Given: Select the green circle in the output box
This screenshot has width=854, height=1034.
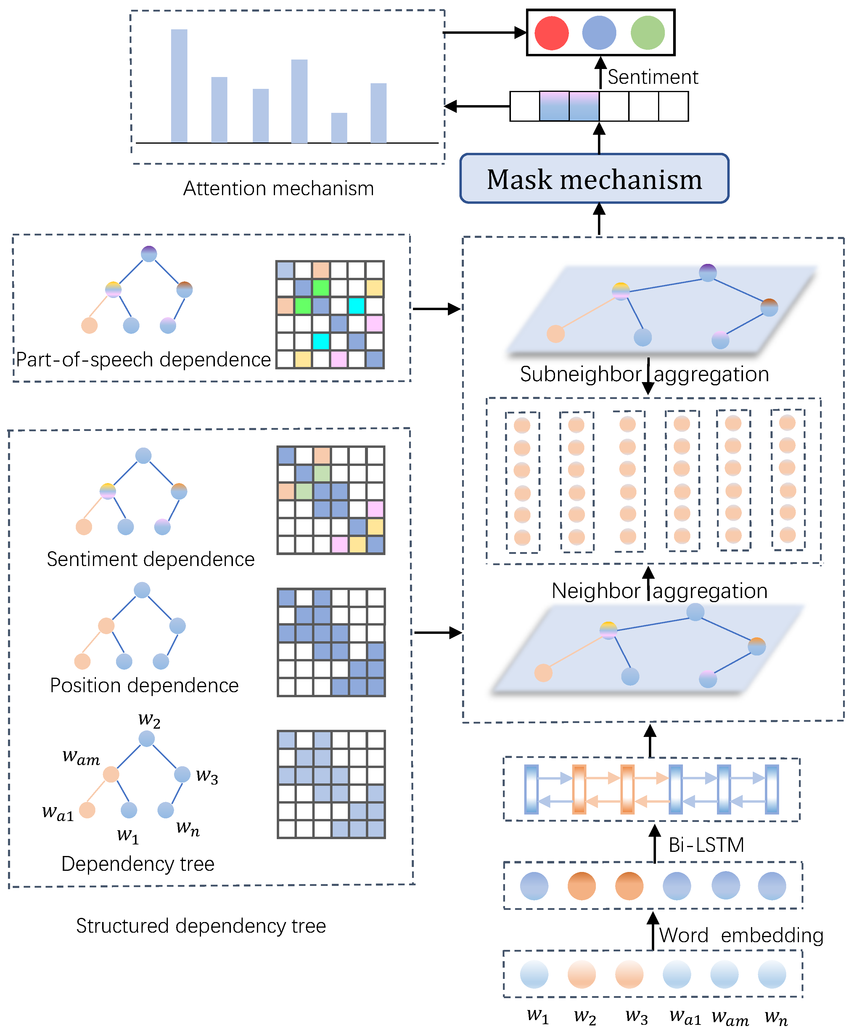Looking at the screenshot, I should click(647, 33).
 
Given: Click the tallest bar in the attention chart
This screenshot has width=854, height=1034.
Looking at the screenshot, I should click(179, 86).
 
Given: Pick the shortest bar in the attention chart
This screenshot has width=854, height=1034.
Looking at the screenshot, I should click(339, 128).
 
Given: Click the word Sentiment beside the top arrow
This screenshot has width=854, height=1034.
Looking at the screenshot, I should click(652, 77).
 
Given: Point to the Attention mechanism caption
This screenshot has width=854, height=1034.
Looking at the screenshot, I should click(279, 188).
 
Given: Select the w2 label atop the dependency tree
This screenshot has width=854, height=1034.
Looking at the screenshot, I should click(149, 720).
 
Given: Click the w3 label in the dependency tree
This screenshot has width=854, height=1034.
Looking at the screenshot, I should click(207, 776).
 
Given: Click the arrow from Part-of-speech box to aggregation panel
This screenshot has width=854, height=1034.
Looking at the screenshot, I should click(436, 309).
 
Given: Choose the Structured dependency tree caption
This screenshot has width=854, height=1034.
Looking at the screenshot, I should click(201, 926).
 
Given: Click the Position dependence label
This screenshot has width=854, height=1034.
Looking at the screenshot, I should click(144, 685).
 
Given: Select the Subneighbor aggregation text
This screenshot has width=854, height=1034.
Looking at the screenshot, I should click(644, 374).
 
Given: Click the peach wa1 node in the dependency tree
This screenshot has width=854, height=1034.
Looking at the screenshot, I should click(87, 809).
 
